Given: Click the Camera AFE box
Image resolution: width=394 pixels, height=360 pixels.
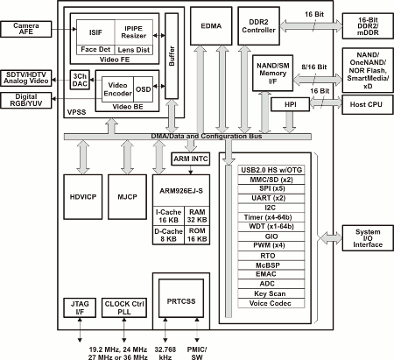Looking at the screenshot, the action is click(x=26, y=29).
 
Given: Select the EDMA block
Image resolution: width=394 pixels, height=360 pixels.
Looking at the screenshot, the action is click(x=211, y=26).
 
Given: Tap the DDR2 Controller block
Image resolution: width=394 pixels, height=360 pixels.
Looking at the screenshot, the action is click(x=258, y=26).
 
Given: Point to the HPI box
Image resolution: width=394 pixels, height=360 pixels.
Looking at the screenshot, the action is click(x=290, y=104).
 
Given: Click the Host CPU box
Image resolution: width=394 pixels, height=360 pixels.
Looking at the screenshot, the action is click(x=368, y=104).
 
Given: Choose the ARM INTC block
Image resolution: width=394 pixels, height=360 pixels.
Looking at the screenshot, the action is click(x=190, y=159).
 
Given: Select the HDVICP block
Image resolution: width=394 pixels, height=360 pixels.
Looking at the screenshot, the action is click(x=83, y=197).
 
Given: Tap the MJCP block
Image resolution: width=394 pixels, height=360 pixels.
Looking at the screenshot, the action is click(x=127, y=197).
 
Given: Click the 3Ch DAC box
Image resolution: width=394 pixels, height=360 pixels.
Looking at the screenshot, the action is click(x=80, y=80).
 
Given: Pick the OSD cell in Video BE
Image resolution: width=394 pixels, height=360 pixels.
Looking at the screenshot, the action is click(x=143, y=89).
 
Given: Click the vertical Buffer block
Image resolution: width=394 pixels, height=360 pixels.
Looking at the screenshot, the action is click(x=172, y=56).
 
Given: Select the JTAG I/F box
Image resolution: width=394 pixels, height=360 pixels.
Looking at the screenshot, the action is click(x=80, y=307).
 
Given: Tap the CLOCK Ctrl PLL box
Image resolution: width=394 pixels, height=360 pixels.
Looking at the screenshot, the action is click(x=124, y=307).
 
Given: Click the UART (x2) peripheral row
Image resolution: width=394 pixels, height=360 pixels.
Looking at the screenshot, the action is click(x=271, y=198).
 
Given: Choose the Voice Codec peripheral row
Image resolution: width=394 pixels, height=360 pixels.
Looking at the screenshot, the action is click(x=271, y=303).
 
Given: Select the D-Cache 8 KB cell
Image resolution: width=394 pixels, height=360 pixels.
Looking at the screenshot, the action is click(x=168, y=235).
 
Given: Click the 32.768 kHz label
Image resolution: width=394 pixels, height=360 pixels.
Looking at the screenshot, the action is click(x=165, y=353).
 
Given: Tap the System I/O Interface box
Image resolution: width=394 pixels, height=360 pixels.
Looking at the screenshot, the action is click(x=368, y=238).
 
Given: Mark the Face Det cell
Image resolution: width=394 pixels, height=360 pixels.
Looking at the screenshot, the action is click(x=95, y=50).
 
